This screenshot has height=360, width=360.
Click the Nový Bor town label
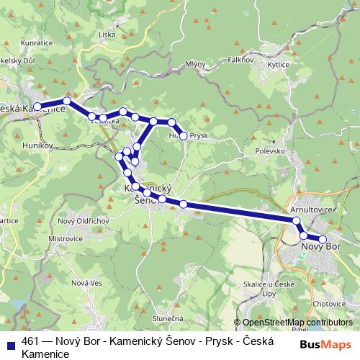coord(320,247)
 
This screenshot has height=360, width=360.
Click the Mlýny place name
coord(195,65)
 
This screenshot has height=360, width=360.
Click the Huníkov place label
coord(37,145)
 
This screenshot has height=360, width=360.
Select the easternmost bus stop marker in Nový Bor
coord(323,240)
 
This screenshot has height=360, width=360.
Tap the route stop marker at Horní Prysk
coord(184,135)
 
